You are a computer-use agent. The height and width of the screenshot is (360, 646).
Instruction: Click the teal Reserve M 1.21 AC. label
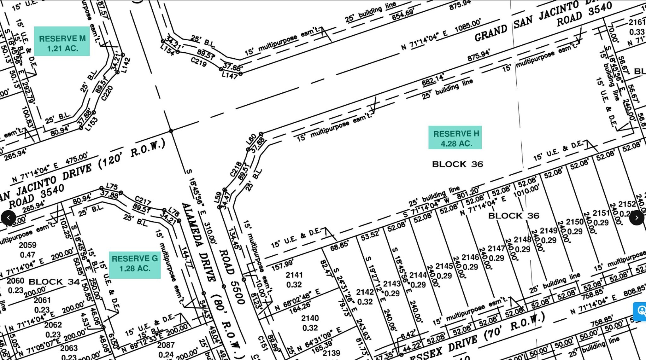coord(62,41)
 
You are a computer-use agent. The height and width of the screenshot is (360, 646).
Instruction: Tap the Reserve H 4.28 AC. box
coord(455,137)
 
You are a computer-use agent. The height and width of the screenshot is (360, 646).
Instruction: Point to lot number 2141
coord(294,275)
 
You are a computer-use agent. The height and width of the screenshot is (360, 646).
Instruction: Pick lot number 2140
coord(310,318)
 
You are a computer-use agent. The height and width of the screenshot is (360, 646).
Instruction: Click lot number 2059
coord(28,245)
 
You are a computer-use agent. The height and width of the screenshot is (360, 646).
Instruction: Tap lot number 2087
coord(166,345)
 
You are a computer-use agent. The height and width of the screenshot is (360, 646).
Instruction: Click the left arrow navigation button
coord(9,218)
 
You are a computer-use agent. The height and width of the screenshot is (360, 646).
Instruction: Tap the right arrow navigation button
coord(637,218)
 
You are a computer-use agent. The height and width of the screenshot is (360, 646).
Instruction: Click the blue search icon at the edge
coord(640,311)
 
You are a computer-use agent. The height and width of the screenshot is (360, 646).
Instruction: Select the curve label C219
coord(199,62)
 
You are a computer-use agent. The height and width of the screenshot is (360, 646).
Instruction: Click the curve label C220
coord(107,93)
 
